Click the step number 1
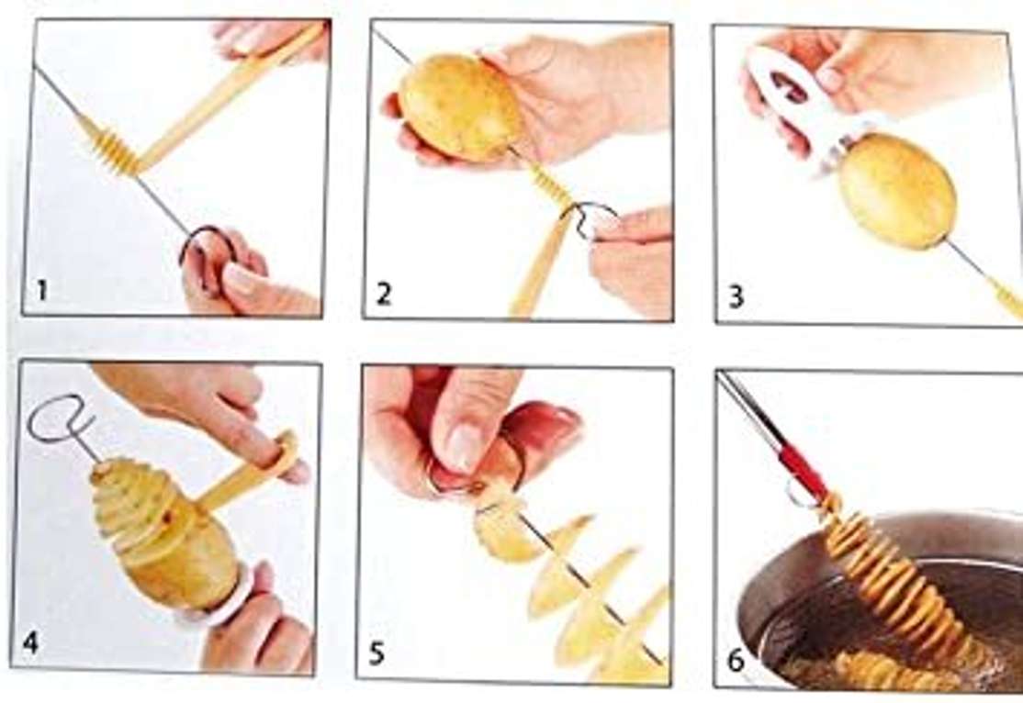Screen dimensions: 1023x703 (x=41, y=290)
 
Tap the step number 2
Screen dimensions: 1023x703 (x=384, y=294)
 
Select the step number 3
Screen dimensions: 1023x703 (x=736, y=297)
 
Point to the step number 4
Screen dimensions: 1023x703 (x=30, y=643)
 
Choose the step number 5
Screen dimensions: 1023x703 (x=377, y=653)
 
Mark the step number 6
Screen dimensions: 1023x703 (x=736, y=661)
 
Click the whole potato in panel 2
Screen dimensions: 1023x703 (x=459, y=107)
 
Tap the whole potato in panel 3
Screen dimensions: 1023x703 (x=898, y=191)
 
